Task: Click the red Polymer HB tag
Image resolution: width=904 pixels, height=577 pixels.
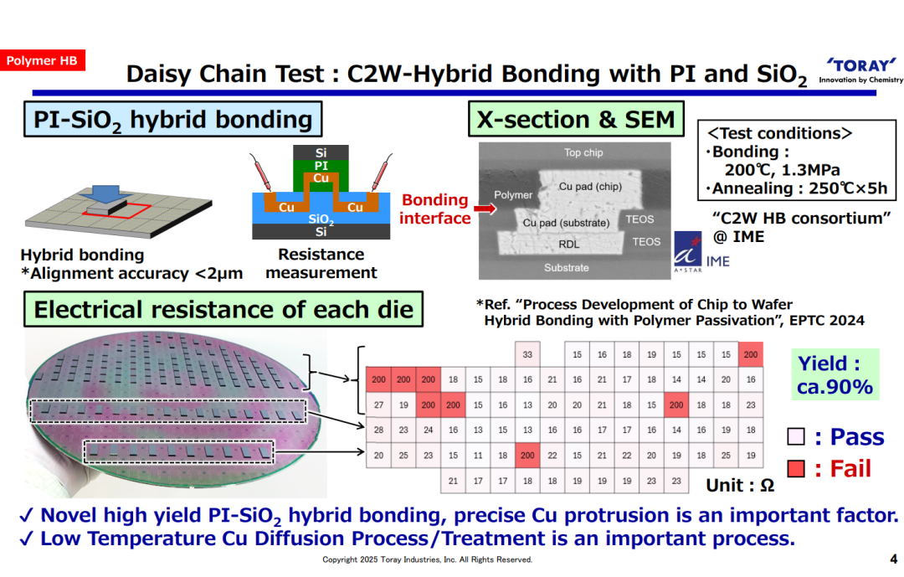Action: (x=42, y=60)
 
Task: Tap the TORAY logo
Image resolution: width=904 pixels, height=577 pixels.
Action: (x=860, y=70)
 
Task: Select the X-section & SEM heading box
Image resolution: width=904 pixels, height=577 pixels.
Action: (x=576, y=120)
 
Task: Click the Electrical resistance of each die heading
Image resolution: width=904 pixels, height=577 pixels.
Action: (x=223, y=309)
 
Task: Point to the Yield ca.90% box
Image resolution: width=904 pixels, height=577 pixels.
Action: (x=835, y=374)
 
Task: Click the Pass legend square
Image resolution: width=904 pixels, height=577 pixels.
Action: (x=796, y=436)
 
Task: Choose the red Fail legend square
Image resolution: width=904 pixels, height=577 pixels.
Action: (x=796, y=468)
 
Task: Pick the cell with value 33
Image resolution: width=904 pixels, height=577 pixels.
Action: (x=527, y=354)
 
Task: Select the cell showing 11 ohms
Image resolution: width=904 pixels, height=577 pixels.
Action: (x=478, y=456)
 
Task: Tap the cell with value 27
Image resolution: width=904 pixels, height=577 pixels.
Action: (x=379, y=404)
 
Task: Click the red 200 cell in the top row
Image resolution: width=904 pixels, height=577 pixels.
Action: (x=751, y=354)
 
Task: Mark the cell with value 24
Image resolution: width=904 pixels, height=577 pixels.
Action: (x=429, y=430)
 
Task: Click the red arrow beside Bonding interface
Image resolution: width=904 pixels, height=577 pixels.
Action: (x=485, y=209)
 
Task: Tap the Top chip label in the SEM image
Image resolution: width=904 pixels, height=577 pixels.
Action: (x=583, y=152)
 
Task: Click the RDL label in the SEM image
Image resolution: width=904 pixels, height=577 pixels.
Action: (x=569, y=244)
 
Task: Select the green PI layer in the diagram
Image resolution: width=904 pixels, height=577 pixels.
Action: (x=321, y=167)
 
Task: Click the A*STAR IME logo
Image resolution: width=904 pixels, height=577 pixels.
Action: (x=701, y=252)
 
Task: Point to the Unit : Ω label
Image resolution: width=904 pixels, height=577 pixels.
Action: (x=740, y=485)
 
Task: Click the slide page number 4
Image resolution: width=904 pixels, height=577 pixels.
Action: (x=894, y=559)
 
